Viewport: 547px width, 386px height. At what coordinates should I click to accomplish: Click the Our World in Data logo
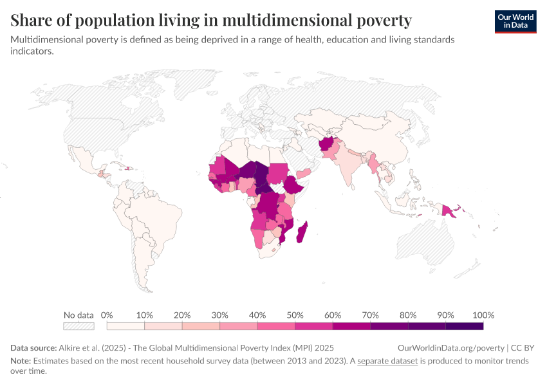pos(515,21)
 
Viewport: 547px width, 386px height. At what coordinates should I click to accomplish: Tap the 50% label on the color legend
pos(294,315)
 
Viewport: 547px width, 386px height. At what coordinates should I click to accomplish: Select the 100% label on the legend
pos(483,315)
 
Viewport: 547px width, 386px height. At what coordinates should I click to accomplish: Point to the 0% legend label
pos(107,315)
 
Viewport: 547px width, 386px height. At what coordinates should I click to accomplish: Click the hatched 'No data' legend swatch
pos(79,326)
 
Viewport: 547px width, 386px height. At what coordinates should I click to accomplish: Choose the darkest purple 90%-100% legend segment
pos(464,326)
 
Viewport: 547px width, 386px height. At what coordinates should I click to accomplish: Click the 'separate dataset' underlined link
pos(387,361)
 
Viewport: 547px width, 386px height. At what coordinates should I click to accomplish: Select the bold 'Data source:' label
pos(33,347)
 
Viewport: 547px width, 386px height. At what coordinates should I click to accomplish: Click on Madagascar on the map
pos(301,232)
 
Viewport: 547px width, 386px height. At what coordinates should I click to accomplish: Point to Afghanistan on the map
pos(328,144)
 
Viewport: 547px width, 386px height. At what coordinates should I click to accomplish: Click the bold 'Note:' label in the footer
pos(22,361)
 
